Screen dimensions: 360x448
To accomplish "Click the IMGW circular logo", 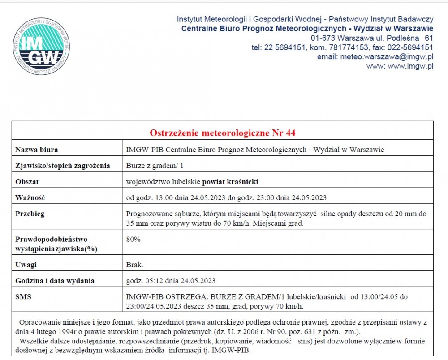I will [41, 47].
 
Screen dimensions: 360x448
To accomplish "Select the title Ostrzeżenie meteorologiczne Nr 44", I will [222, 133].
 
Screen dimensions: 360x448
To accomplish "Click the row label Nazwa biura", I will [36, 150].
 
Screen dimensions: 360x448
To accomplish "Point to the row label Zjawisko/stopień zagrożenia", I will [62, 166].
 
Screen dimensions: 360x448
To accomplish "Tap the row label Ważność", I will [30, 197].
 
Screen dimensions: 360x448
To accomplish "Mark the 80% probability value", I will [134, 239].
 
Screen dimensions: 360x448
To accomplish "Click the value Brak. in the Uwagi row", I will [135, 265].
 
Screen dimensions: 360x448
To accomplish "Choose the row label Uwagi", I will [26, 265].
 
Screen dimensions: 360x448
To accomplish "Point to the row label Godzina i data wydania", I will [55, 281].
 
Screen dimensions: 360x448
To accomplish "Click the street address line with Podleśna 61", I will [372, 38].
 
